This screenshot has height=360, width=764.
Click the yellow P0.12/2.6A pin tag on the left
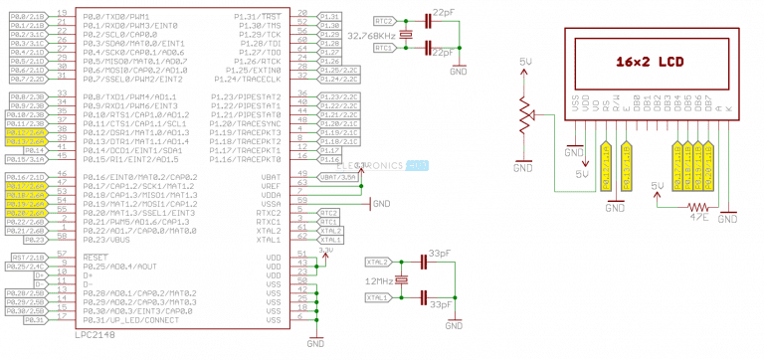[24, 132]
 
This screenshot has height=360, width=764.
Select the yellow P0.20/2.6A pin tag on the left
[24, 212]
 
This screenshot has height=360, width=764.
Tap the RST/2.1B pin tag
[24, 257]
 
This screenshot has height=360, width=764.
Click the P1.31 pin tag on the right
[330, 17]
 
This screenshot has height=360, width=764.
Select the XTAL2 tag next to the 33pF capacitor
[379, 262]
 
